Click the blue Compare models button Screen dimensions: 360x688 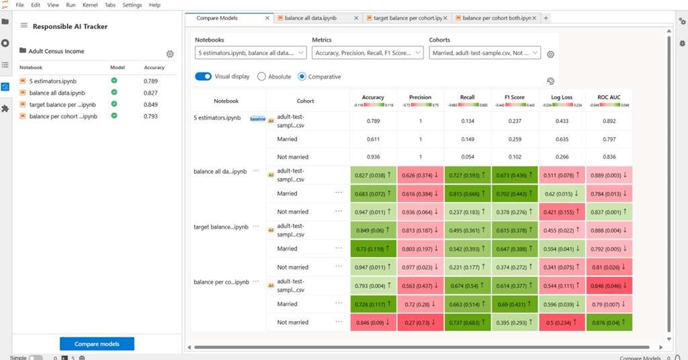click(x=97, y=344)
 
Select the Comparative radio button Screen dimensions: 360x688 click(x=302, y=77)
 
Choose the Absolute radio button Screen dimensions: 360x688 click(x=262, y=77)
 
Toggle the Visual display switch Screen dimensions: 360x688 click(x=203, y=77)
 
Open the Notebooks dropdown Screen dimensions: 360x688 click(x=250, y=52)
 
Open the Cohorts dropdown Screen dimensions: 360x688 click(x=484, y=52)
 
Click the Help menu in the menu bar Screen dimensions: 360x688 click(x=155, y=5)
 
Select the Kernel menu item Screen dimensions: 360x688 click(x=90, y=5)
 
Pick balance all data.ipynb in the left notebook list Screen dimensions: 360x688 click(x=57, y=93)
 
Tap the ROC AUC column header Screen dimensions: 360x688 click(x=609, y=98)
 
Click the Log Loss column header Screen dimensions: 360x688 click(x=562, y=98)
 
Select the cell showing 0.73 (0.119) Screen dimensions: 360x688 click(x=373, y=249)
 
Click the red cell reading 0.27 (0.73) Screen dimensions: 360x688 click(x=420, y=322)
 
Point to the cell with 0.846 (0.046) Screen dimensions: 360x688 click(x=609, y=285)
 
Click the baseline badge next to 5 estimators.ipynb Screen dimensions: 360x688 click(x=258, y=118)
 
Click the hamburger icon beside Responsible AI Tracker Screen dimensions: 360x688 click(x=24, y=26)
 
